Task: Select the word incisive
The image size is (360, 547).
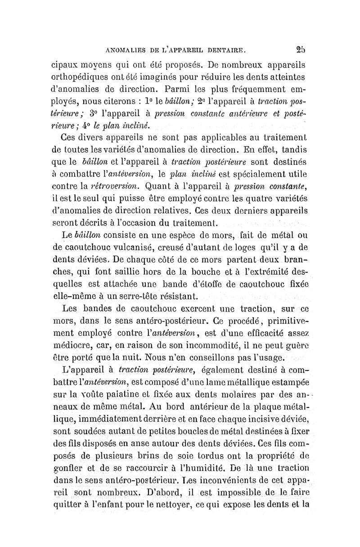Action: point(262,420)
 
